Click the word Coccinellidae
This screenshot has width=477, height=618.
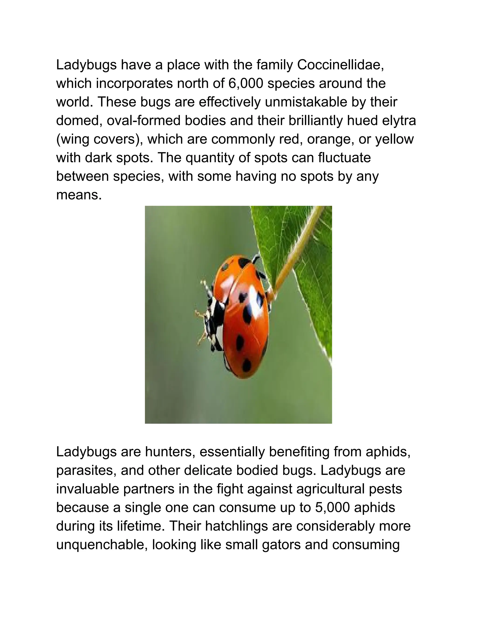click(x=340, y=65)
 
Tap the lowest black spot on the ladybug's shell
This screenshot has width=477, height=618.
click(x=246, y=365)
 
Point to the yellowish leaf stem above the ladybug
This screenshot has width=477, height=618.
click(x=297, y=249)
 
